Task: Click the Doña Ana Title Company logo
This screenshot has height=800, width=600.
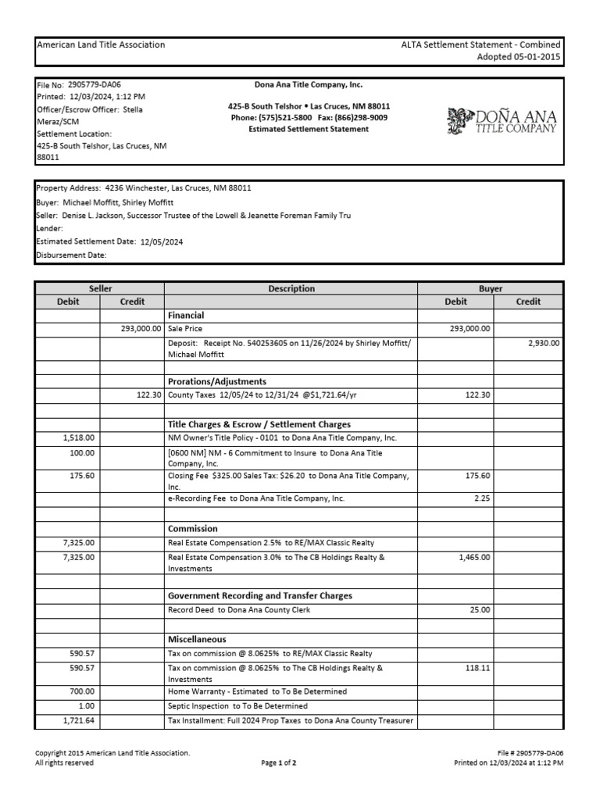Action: [502, 120]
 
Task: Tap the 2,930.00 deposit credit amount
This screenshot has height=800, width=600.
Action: [543, 343]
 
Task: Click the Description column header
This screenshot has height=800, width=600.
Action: [291, 288]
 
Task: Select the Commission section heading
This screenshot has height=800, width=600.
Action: [193, 529]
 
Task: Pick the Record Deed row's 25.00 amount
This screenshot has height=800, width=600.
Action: [480, 610]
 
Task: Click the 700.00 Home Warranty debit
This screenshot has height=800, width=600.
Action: [82, 691]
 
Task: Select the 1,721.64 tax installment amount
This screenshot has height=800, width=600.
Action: [79, 720]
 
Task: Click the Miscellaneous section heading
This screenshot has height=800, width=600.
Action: [201, 639]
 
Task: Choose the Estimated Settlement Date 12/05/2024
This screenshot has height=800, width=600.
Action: [162, 242]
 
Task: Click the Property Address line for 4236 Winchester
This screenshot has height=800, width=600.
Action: [144, 188]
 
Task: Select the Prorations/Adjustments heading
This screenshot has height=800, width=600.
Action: [217, 381]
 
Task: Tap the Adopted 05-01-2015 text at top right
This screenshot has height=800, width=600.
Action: [519, 57]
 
